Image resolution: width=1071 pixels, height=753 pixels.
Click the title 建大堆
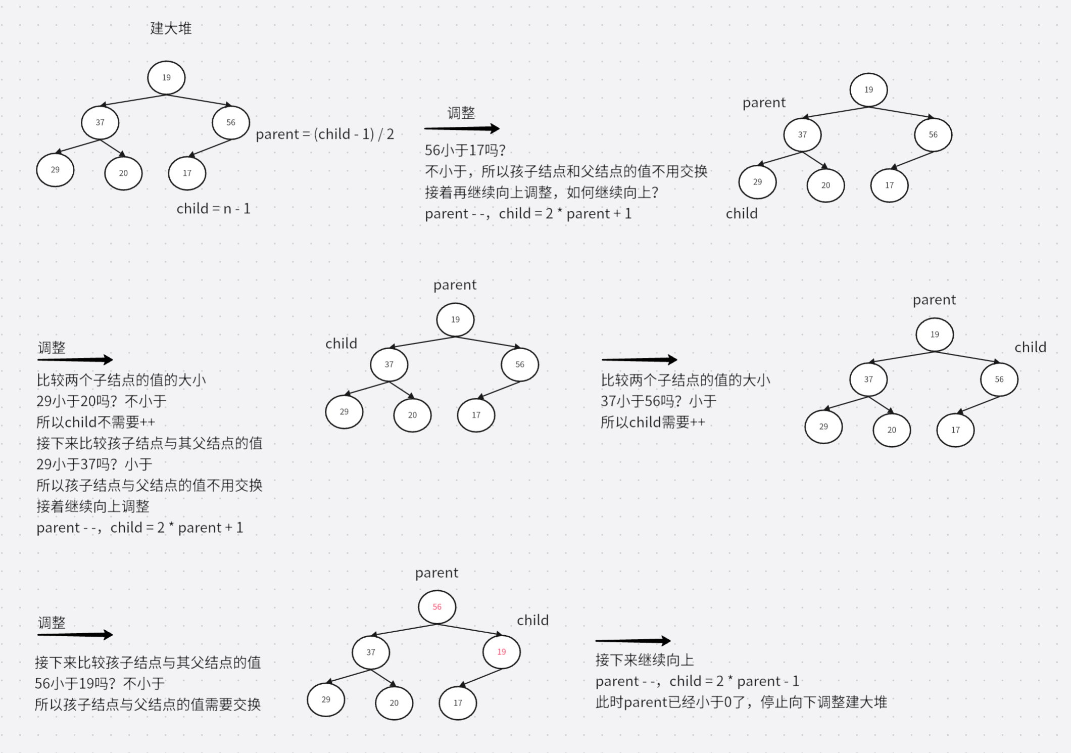click(171, 28)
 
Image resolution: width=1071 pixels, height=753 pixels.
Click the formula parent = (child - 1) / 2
click(324, 134)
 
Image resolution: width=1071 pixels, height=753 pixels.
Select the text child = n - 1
click(213, 209)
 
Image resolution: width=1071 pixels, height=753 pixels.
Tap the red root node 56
click(437, 607)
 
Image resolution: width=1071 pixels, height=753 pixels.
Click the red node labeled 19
click(501, 652)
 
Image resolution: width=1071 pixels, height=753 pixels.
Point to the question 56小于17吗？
click(465, 151)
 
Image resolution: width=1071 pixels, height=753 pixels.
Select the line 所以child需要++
click(652, 422)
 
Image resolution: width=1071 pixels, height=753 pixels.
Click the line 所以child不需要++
click(95, 422)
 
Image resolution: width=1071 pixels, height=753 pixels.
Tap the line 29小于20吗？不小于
click(101, 401)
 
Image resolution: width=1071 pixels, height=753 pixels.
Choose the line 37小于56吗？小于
click(658, 401)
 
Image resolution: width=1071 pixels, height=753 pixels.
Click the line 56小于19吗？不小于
click(100, 684)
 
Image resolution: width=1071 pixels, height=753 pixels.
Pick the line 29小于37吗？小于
click(94, 464)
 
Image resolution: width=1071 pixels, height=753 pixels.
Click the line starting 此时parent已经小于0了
click(741, 702)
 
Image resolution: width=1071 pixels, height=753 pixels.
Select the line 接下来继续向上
click(645, 660)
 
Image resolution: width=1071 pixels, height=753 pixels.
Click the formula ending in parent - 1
click(697, 681)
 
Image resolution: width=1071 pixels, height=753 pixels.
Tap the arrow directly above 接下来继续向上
click(633, 641)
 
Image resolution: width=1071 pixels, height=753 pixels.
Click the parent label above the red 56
click(436, 573)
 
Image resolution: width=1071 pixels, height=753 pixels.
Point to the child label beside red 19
click(532, 620)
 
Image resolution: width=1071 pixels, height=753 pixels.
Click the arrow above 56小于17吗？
click(462, 129)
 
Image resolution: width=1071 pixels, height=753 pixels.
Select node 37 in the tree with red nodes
click(371, 652)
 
